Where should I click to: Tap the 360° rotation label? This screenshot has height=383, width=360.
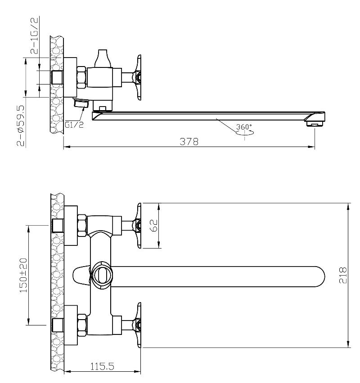(x=244, y=127)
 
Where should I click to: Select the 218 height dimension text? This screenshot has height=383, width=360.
(x=343, y=276)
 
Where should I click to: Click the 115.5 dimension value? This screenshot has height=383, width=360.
(x=102, y=366)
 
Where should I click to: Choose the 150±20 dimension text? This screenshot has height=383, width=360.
(x=22, y=275)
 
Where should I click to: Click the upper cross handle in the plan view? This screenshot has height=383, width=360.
(x=138, y=225)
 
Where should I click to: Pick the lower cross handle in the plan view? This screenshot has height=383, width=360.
(x=138, y=325)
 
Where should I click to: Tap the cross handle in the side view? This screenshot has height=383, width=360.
(x=138, y=77)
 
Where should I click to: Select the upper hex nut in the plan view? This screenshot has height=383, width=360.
(x=82, y=225)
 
